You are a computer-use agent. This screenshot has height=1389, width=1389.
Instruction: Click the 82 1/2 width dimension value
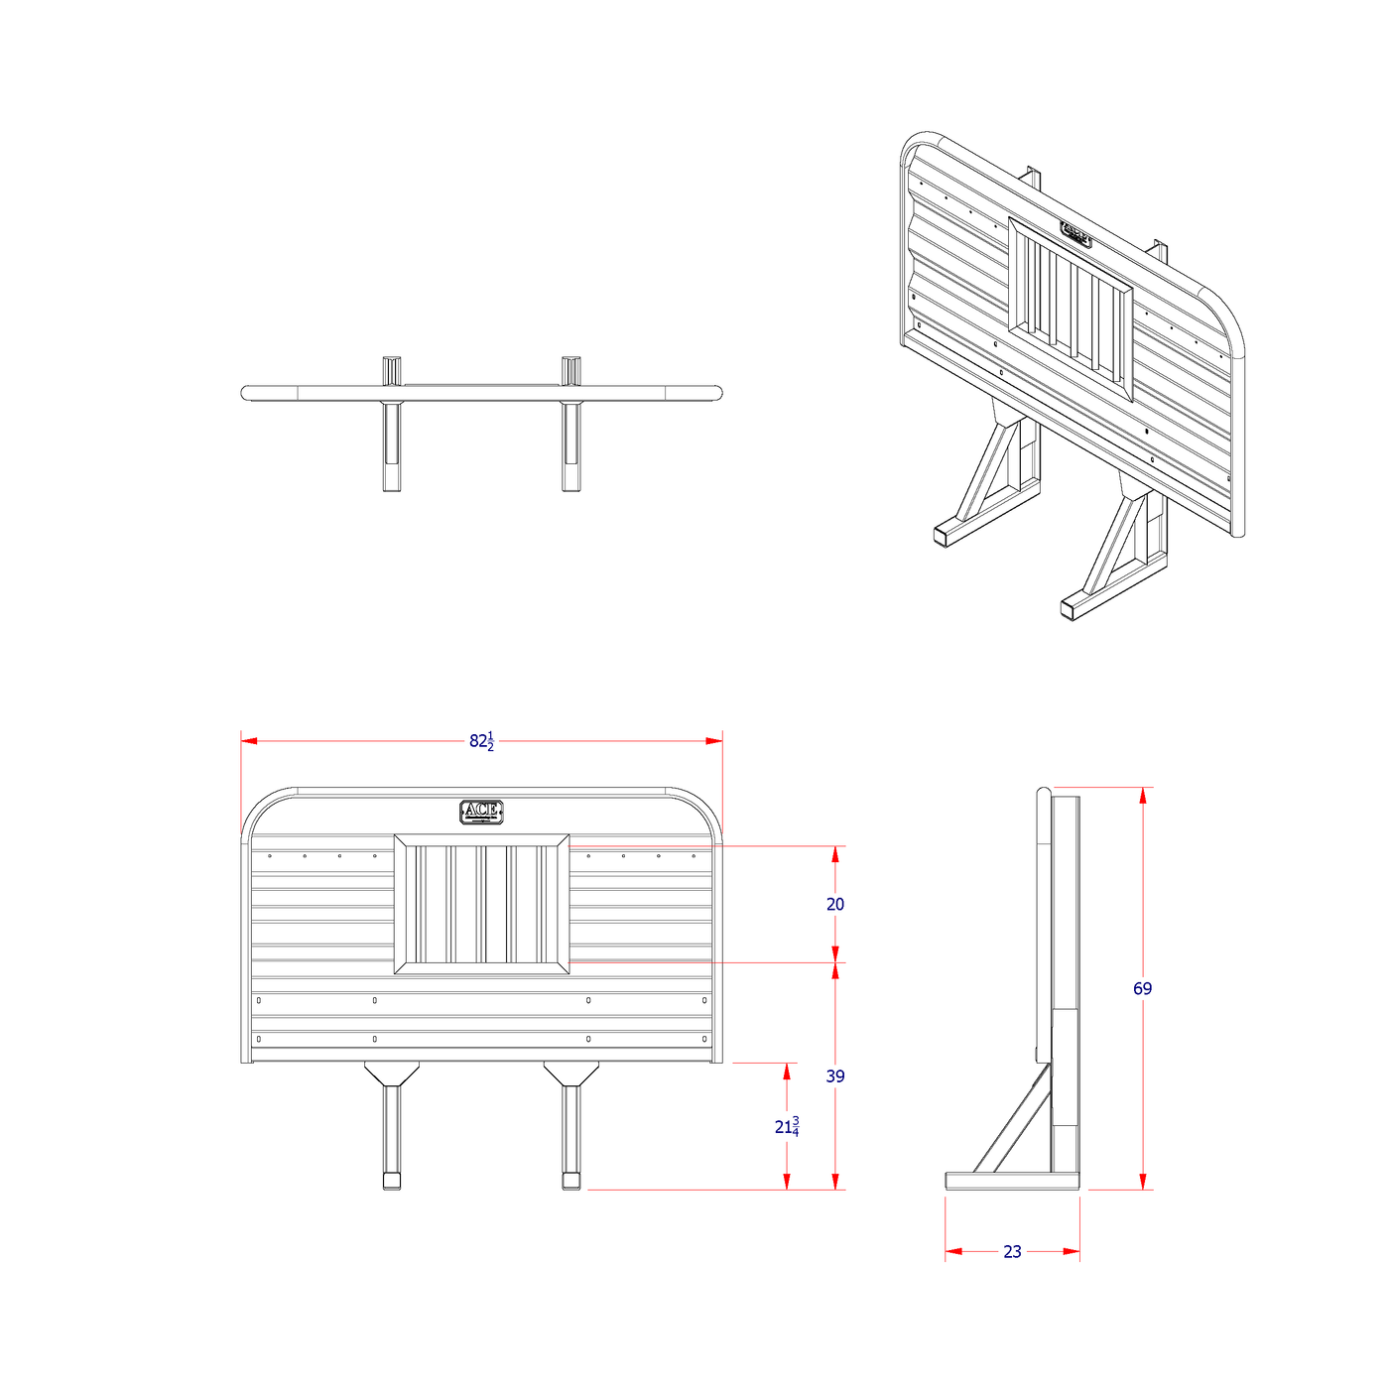coord(481,741)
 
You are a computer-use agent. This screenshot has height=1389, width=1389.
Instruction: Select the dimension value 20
coord(835,904)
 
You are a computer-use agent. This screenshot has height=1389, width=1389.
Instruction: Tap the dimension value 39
coord(835,1075)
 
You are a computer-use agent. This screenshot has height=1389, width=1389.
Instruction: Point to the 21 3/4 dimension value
coord(787,1127)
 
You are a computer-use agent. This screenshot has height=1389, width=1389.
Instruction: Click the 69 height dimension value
coord(1142,988)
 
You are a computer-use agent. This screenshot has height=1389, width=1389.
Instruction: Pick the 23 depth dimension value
coord(1012,1252)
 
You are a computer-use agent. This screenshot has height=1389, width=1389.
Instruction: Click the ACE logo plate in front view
coord(481,812)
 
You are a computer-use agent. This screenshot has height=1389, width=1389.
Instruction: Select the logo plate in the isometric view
coord(1076,235)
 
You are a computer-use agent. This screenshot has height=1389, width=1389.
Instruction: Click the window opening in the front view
coord(481,904)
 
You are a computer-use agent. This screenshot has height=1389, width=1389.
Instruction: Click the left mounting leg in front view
coord(392,1131)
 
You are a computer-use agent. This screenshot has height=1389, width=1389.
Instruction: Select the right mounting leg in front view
coord(570,1131)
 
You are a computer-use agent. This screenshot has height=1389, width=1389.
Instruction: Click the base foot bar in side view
coord(1012,1181)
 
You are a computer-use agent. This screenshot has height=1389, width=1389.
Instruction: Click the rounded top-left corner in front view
coord(263,809)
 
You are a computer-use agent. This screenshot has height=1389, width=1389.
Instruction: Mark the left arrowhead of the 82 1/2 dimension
coord(249,741)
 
